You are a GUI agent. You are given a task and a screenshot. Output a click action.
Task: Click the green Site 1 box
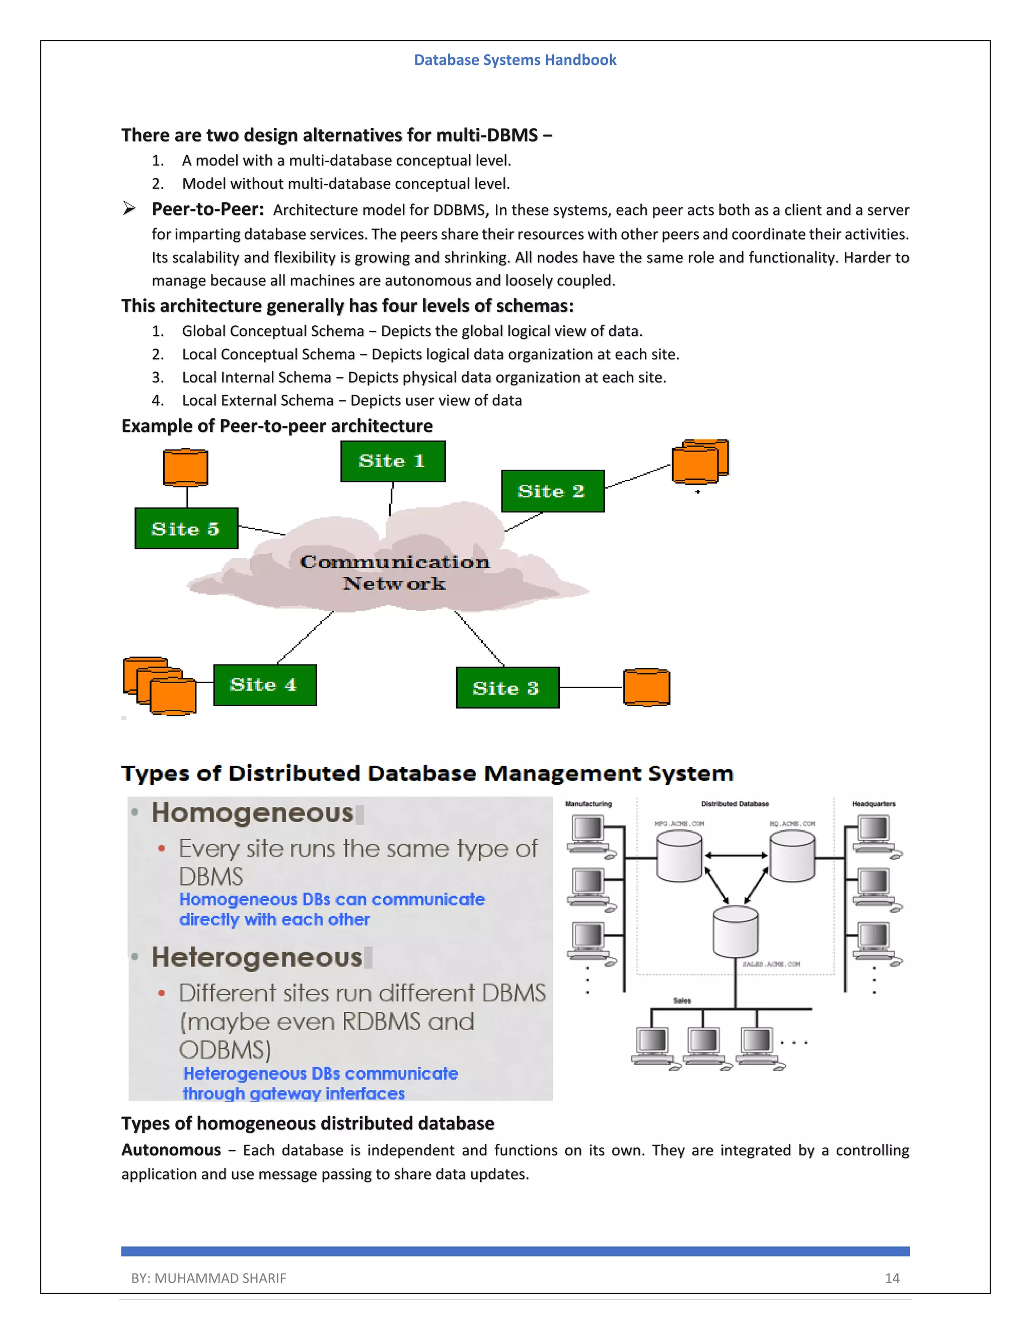[x=393, y=461]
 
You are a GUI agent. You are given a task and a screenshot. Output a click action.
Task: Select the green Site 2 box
[x=552, y=491]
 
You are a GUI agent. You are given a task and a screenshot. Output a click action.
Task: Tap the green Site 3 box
[x=507, y=688]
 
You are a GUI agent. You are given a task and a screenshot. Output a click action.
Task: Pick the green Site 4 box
[x=264, y=685]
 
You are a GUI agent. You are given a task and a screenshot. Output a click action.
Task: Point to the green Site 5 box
[x=186, y=529]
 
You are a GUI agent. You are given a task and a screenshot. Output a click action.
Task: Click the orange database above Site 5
[x=186, y=468]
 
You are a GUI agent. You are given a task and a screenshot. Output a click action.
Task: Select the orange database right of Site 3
[x=646, y=687]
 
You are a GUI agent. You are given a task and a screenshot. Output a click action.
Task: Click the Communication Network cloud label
[x=395, y=572]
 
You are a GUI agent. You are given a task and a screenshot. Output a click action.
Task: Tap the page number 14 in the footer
[x=892, y=1278]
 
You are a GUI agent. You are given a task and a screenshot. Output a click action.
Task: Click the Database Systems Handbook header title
[x=515, y=60]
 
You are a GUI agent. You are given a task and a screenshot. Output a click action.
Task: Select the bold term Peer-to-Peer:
[x=208, y=209]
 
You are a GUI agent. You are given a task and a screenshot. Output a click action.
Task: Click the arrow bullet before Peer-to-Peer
[x=129, y=209]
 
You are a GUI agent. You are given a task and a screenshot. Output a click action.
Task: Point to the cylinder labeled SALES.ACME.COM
[x=735, y=931]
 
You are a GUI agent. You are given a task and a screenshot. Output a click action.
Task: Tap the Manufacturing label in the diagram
[x=588, y=804]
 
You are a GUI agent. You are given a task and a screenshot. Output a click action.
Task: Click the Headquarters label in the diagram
[x=873, y=804]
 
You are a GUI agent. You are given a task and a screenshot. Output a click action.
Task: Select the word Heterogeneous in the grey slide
[x=257, y=957]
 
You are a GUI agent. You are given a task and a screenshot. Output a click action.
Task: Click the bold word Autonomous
[x=171, y=1150]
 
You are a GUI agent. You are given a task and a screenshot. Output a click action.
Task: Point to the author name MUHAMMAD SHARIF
[x=220, y=1278]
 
